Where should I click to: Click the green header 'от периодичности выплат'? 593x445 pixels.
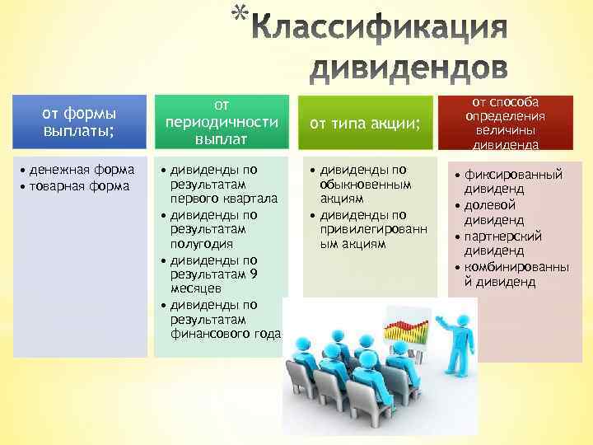point(222,123)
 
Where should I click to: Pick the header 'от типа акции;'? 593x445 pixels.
point(365,124)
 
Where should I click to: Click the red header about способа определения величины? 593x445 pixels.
point(506,123)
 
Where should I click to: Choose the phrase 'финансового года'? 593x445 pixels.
point(226,334)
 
